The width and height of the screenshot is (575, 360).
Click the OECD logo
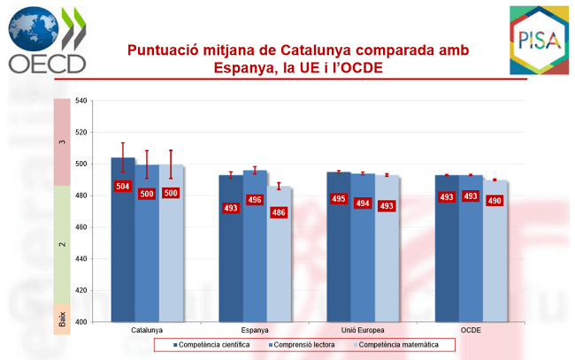(x=48, y=39)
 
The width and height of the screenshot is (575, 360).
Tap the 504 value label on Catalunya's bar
(x=123, y=186)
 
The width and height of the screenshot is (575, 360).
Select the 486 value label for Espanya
(x=278, y=212)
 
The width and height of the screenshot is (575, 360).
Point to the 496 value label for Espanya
(x=255, y=200)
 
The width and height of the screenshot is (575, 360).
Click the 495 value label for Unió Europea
(x=338, y=199)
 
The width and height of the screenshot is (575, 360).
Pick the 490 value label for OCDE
(x=494, y=201)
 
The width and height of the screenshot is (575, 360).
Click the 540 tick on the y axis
(x=81, y=101)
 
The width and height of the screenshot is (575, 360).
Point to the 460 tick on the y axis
(x=81, y=227)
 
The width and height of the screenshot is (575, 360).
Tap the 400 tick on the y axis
(x=81, y=322)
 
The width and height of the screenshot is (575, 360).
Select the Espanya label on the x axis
(x=255, y=330)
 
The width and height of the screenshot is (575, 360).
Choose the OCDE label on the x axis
(x=471, y=330)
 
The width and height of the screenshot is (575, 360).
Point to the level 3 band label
(x=62, y=142)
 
